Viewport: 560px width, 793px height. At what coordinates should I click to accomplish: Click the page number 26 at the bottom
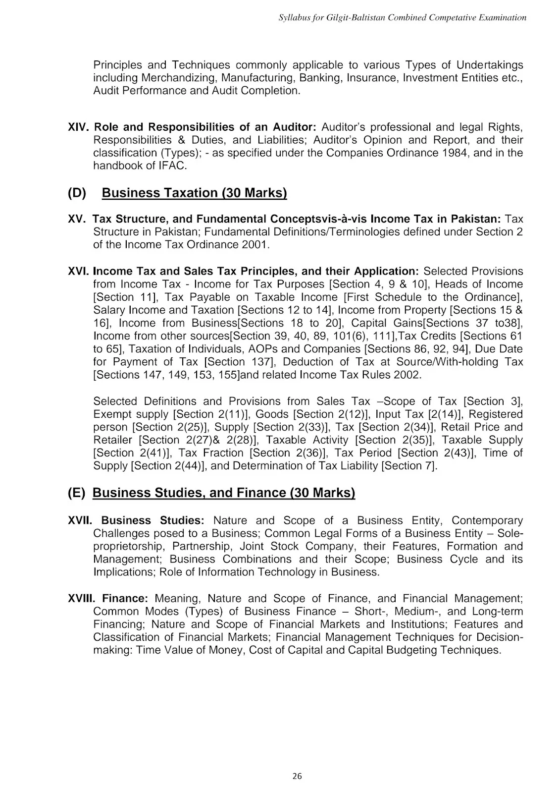297,776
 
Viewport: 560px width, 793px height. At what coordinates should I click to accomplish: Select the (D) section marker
77,193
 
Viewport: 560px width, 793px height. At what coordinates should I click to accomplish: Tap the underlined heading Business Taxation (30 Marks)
194,193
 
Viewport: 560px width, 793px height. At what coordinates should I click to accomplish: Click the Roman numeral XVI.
79,271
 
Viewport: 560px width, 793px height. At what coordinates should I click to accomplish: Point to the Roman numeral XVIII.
83,599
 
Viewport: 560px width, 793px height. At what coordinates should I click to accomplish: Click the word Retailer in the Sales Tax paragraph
113,440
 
